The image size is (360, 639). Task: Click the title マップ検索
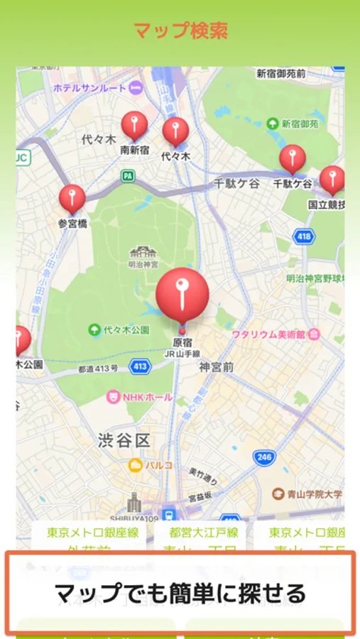180,31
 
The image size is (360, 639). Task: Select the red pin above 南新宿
134,126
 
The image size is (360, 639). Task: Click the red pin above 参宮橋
72,199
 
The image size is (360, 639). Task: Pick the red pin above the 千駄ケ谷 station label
293,159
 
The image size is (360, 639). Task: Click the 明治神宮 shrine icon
144,252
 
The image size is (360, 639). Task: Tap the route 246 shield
264,457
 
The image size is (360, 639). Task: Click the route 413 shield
140,366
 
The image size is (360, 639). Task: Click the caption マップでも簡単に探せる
180,593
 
